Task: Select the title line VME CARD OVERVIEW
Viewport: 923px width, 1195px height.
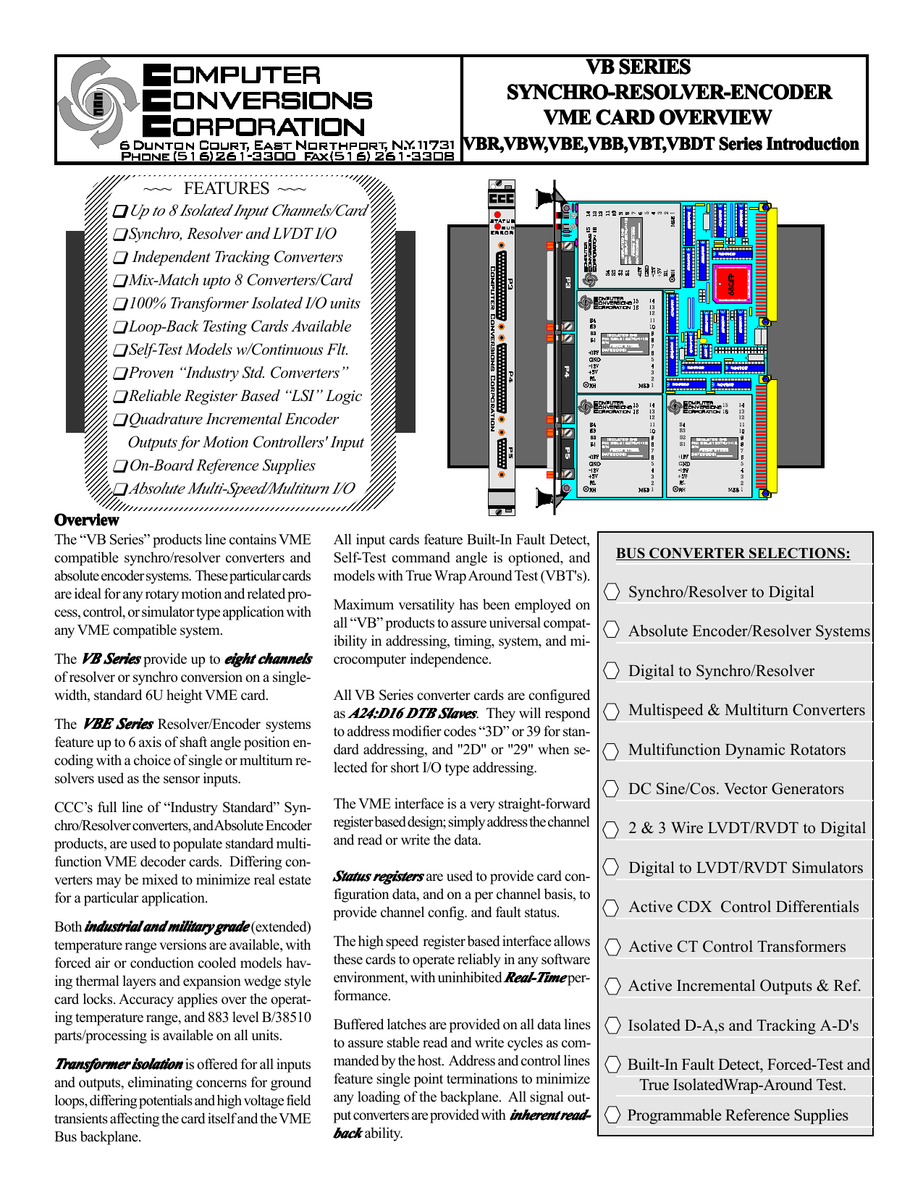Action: coord(657,117)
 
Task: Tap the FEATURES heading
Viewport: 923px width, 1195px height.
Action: coord(227,188)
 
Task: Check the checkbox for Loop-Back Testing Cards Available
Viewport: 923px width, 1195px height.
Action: coord(120,328)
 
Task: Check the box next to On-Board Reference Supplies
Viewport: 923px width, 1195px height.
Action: coord(120,467)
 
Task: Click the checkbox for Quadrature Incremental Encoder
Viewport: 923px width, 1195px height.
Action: coord(120,421)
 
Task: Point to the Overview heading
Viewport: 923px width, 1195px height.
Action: coord(87,520)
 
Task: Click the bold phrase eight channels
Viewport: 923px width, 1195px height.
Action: coord(268,659)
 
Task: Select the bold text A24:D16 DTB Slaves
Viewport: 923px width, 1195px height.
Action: coord(413,714)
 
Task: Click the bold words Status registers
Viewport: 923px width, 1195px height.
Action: coord(379,877)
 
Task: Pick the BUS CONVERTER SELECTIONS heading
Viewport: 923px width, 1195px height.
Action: coord(733,554)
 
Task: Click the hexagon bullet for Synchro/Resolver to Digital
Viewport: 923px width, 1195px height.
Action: coord(612,592)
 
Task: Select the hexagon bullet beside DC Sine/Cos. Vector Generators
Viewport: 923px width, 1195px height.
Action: coord(612,789)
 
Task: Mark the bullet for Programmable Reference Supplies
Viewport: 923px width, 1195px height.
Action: coord(612,1115)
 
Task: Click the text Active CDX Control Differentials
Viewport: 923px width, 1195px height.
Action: coord(743,907)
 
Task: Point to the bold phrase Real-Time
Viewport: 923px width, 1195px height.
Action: coord(535,978)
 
